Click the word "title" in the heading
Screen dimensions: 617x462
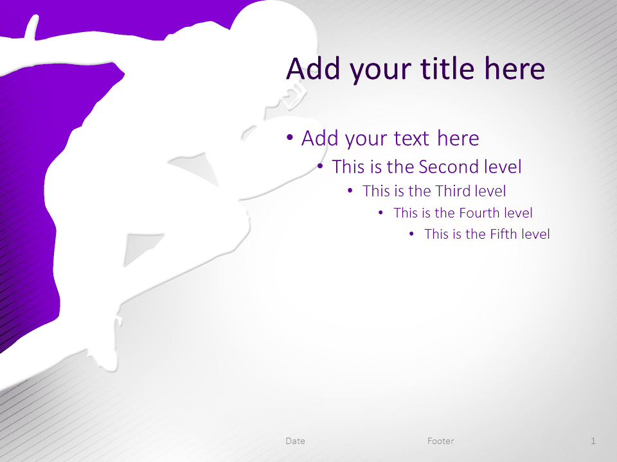[x=447, y=69]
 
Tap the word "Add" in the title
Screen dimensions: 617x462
[x=313, y=69]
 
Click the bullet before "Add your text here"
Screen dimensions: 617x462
[x=290, y=137]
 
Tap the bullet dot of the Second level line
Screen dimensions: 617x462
[x=320, y=167]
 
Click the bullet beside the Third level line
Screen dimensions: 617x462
[x=350, y=191]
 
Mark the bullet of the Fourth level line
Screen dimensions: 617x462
[x=380, y=213]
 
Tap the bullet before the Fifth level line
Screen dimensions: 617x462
[x=411, y=234]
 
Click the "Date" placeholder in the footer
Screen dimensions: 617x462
[x=295, y=441]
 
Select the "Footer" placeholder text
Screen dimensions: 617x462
[x=441, y=441]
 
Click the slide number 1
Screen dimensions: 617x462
[x=593, y=441]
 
